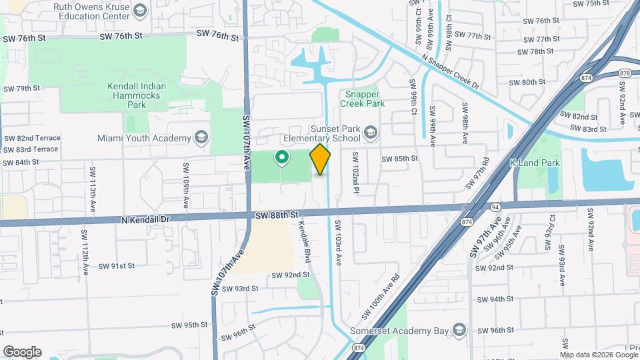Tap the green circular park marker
[282, 158]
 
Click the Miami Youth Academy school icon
[201, 138]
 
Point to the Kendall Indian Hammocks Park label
[136, 95]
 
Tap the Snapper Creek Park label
[363, 99]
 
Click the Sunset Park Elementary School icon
[371, 133]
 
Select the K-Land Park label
[535, 163]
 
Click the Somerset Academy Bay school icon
[459, 330]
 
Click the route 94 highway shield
[495, 207]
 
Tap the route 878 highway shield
[625, 73]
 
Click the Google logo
[22, 352]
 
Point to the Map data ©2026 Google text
[599, 355]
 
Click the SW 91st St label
[117, 265]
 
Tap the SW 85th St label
[399, 159]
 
